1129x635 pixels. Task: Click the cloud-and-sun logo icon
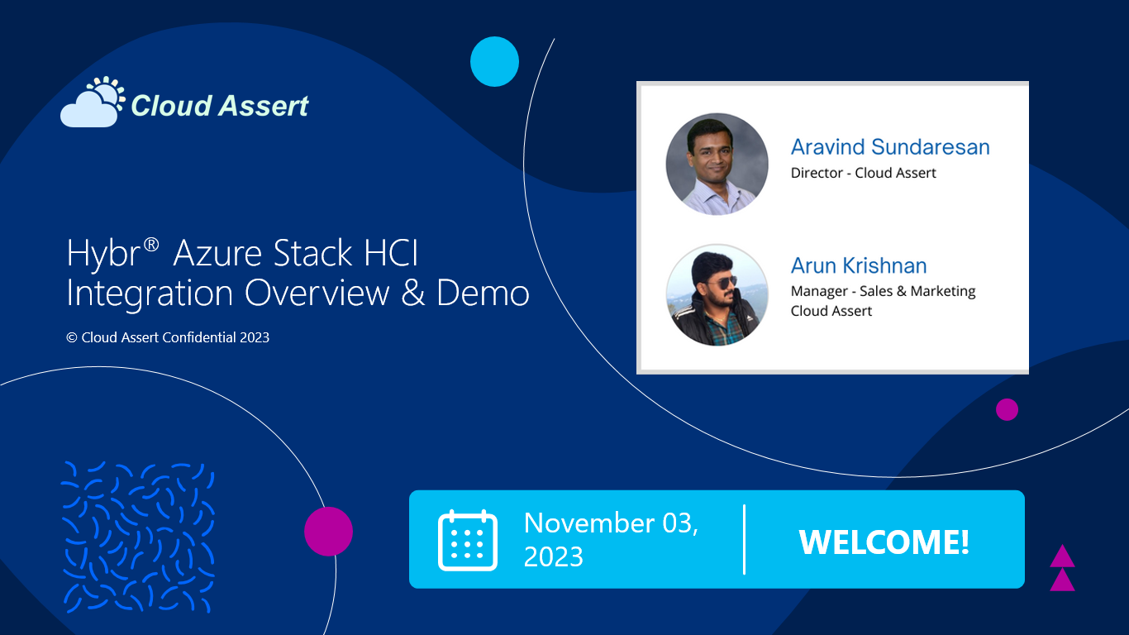click(x=93, y=102)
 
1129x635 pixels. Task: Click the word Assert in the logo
click(x=264, y=106)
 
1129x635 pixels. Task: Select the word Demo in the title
click(x=483, y=293)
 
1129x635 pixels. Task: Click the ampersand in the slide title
click(x=412, y=293)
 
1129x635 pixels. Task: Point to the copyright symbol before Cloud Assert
click(x=72, y=337)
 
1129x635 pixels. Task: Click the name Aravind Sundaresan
click(x=890, y=147)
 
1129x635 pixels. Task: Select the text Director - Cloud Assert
click(x=863, y=173)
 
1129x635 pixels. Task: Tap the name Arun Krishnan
click(x=859, y=265)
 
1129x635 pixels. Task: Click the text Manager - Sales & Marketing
click(x=883, y=292)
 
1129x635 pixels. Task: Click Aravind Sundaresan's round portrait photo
click(x=717, y=164)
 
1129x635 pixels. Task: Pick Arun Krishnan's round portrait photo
click(x=717, y=295)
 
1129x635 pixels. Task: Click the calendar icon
click(x=468, y=540)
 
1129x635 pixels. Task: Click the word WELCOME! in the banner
click(x=884, y=542)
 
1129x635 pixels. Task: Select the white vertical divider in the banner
click(x=744, y=539)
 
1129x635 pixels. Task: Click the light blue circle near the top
click(x=494, y=61)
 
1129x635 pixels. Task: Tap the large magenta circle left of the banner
click(x=329, y=532)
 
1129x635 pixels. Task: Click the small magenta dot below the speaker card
click(x=1007, y=409)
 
